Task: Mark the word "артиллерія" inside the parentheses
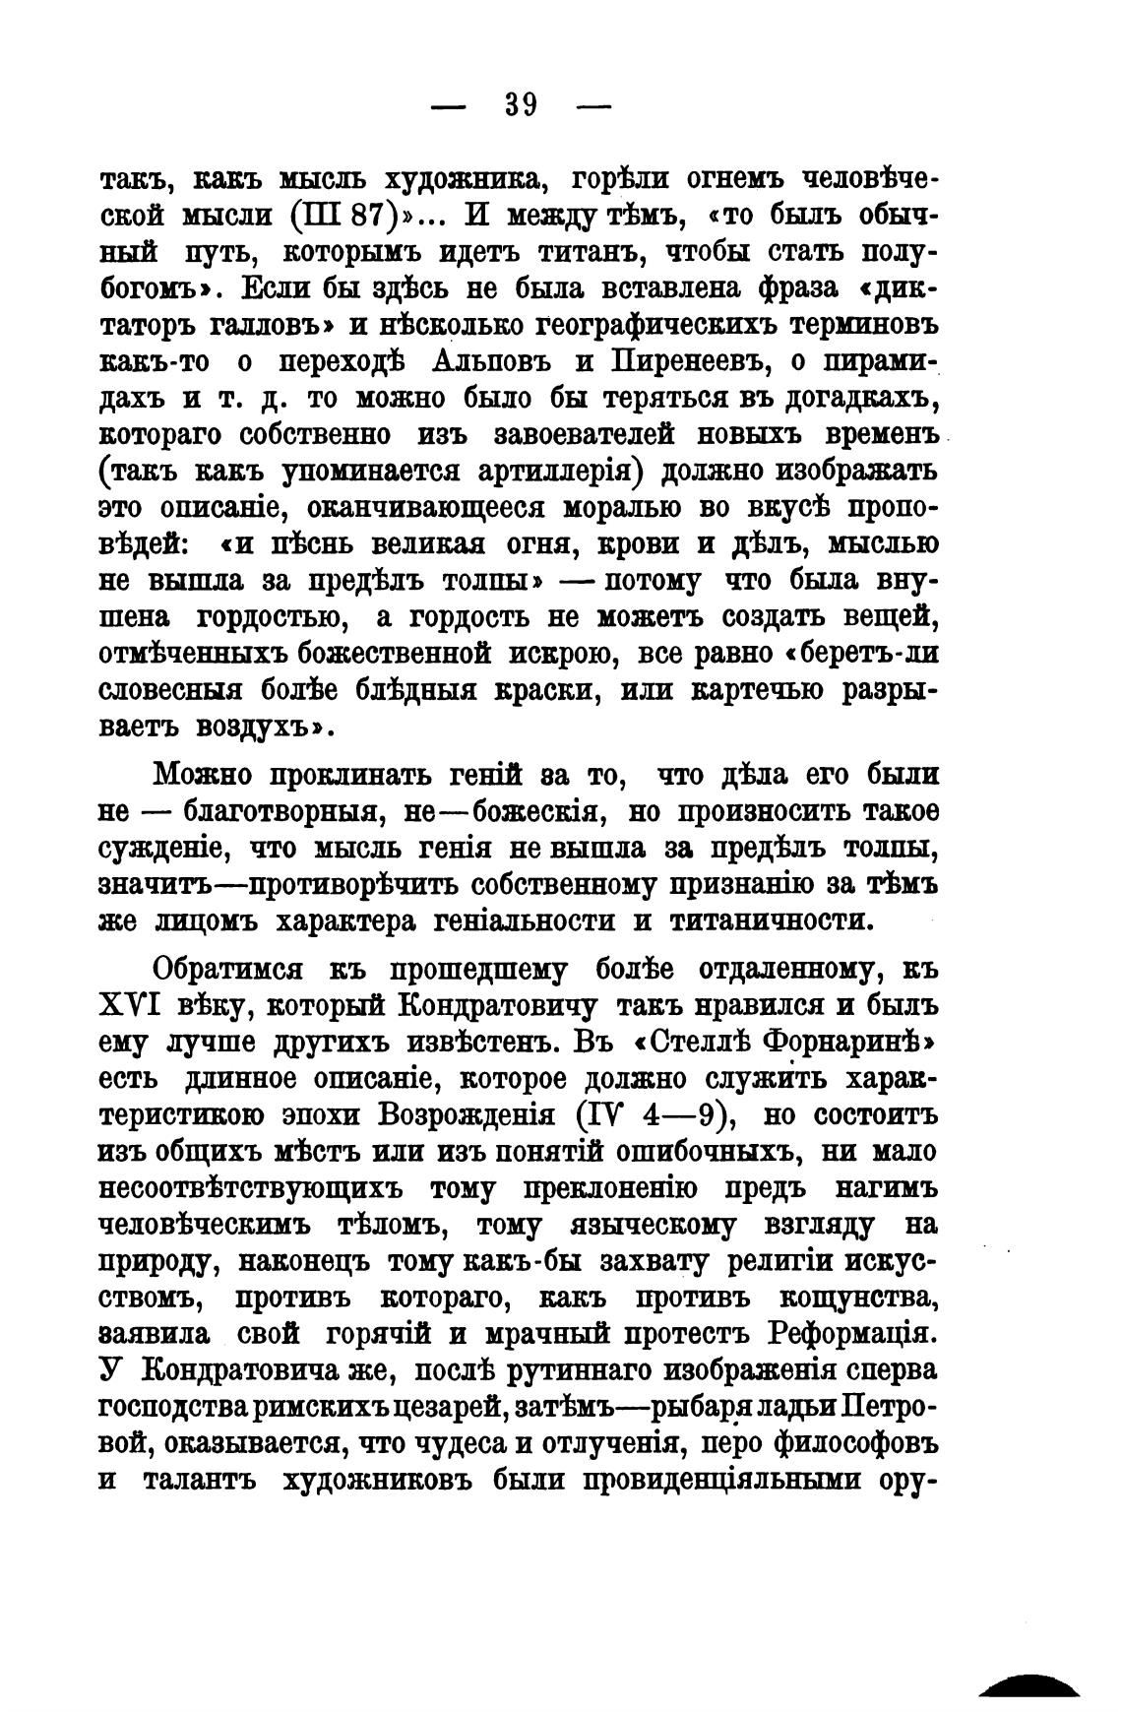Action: tap(559, 472)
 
